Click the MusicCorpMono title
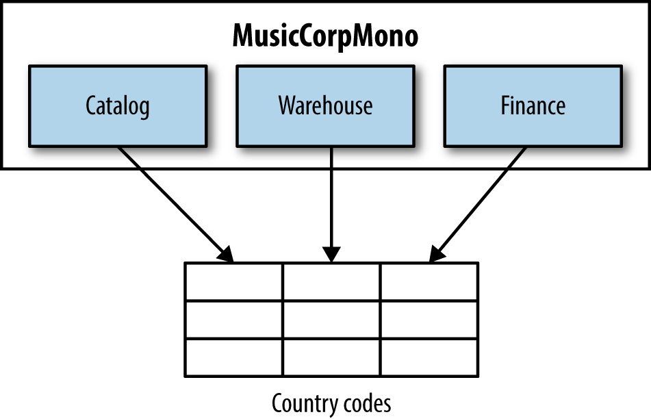pos(325,36)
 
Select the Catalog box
pos(118,105)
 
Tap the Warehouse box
pos(325,105)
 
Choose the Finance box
pos(533,105)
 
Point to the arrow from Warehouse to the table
pos(331,199)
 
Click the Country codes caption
pos(331,403)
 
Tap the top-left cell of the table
pos(233,281)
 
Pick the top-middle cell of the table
pos(331,281)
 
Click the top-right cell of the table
pos(429,281)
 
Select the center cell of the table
pos(331,319)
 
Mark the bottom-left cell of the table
pos(233,357)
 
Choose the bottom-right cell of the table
pos(429,357)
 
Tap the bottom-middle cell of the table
pos(331,357)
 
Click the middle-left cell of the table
pos(233,319)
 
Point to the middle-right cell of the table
pos(429,319)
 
